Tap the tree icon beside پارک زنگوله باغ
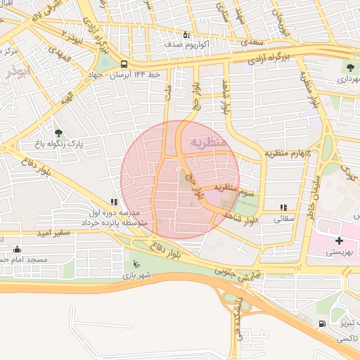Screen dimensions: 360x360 58,132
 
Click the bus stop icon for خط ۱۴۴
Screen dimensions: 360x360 124,63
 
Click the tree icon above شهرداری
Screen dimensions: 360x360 349,67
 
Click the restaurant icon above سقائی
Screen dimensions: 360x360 283,207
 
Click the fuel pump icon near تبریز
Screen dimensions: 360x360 321,323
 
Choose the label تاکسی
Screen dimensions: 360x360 347,339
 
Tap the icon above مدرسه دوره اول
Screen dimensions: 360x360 114,202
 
